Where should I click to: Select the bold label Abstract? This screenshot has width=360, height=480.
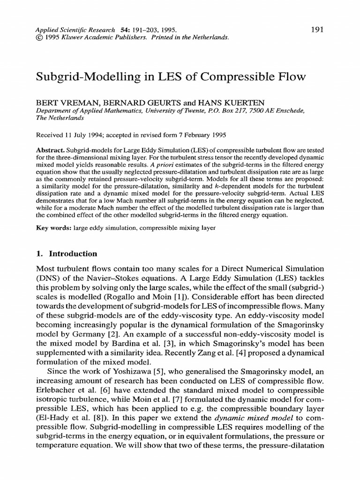pyautogui.click(x=49, y=150)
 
